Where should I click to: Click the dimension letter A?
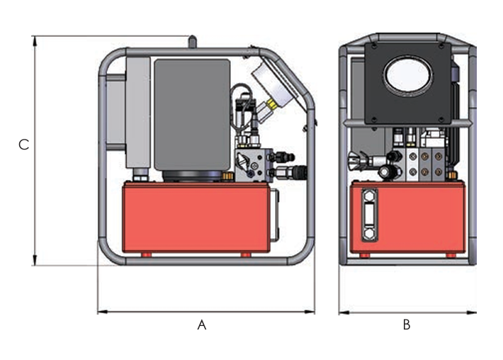201,325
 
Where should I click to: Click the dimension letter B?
407,325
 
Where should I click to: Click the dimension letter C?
23,145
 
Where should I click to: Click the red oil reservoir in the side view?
196,216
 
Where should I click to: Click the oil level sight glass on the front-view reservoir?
368,215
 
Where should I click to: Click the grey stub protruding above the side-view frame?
191,42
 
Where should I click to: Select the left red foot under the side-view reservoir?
146,254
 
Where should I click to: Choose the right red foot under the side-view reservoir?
245,254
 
